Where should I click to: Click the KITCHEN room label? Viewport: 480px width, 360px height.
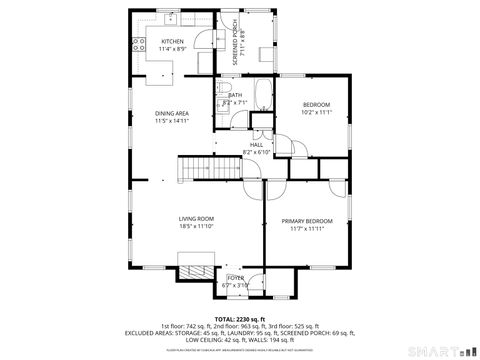[x=173, y=41]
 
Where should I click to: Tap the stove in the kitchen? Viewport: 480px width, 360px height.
[x=139, y=44]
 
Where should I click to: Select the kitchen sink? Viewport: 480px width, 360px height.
[x=171, y=17]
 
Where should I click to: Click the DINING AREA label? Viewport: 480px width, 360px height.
[x=171, y=113]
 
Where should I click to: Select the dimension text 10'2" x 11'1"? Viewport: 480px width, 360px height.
[x=316, y=113]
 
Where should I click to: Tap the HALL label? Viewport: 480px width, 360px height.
[x=256, y=144]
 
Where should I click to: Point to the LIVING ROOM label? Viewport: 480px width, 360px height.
[x=196, y=218]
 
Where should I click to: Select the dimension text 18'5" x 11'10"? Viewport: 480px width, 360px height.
[x=196, y=227]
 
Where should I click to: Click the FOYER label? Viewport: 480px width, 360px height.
[x=235, y=277]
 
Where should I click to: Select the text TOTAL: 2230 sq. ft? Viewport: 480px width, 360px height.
[x=240, y=318]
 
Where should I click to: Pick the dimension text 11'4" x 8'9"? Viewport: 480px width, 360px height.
[x=173, y=49]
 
